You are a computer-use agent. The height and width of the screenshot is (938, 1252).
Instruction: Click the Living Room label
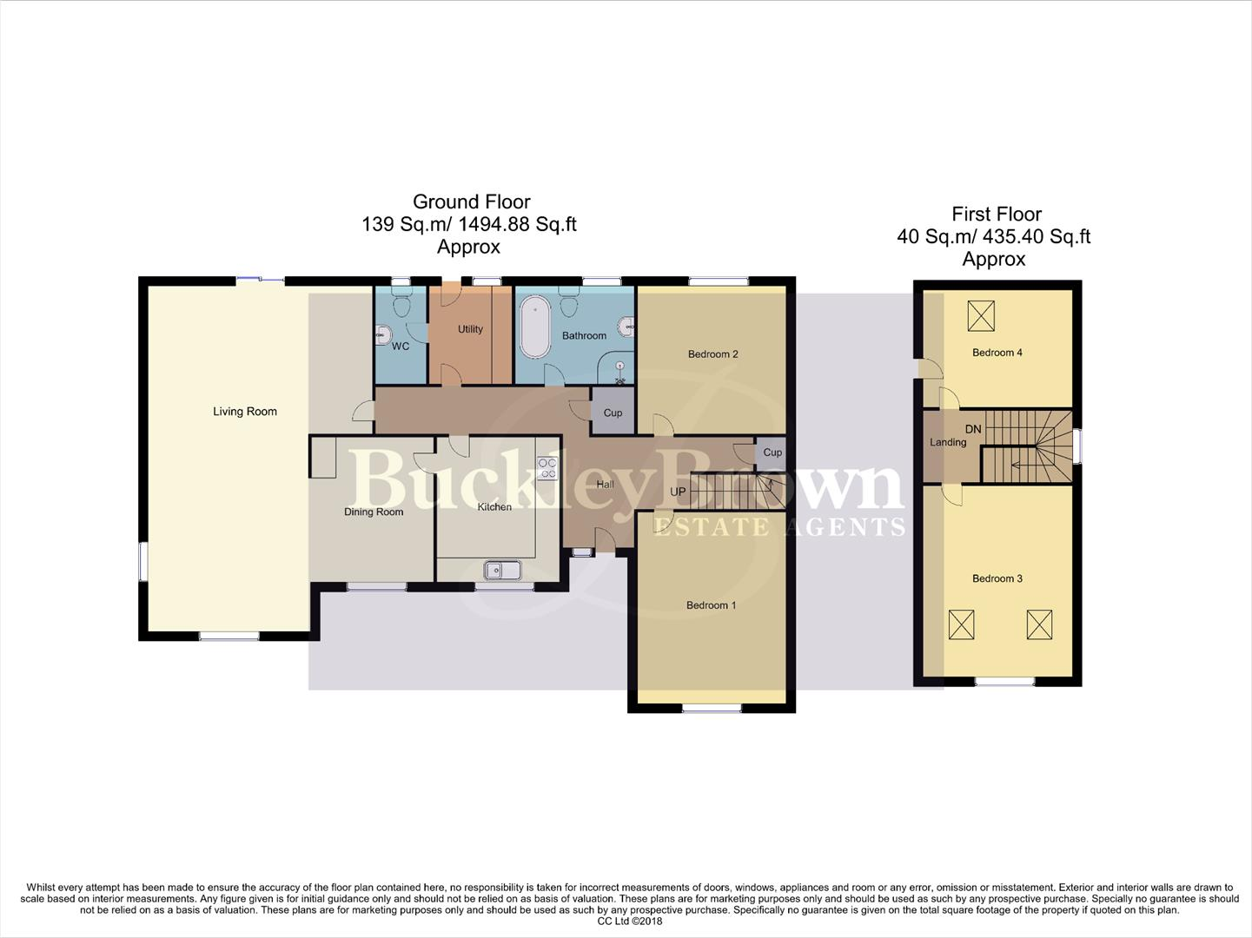pyautogui.click(x=245, y=412)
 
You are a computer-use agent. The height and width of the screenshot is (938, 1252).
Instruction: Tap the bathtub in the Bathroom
pyautogui.click(x=534, y=327)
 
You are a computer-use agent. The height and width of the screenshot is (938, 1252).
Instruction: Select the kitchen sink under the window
pyautogui.click(x=503, y=571)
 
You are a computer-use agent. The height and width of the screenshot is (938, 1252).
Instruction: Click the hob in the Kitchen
pyautogui.click(x=547, y=468)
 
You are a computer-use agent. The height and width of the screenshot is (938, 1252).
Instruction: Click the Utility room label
pyautogui.click(x=470, y=329)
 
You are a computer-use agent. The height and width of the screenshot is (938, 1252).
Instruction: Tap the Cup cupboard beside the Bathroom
pyautogui.click(x=613, y=413)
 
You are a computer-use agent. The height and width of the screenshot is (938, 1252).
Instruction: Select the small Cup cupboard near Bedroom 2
pyautogui.click(x=772, y=452)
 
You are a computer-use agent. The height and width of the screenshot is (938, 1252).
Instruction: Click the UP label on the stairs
pyautogui.click(x=678, y=492)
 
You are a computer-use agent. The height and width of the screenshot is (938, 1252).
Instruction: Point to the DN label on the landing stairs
pyautogui.click(x=973, y=429)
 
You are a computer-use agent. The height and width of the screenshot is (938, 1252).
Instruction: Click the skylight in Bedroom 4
pyautogui.click(x=981, y=315)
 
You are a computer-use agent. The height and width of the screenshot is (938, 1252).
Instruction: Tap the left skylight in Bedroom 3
pyautogui.click(x=961, y=624)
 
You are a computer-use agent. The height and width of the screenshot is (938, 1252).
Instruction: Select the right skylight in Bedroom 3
pyautogui.click(x=1039, y=624)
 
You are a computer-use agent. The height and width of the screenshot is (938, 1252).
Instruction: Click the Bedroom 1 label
pyautogui.click(x=711, y=605)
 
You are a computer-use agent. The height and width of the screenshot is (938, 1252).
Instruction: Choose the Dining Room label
pyautogui.click(x=374, y=512)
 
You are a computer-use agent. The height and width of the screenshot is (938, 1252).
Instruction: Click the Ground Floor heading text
pyautogui.click(x=471, y=202)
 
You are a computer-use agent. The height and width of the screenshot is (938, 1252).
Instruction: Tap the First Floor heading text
pyautogui.click(x=996, y=215)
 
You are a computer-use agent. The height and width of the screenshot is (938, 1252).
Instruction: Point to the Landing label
pyautogui.click(x=948, y=442)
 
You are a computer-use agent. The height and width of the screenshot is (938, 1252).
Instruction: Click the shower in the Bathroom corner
pyautogui.click(x=619, y=373)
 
